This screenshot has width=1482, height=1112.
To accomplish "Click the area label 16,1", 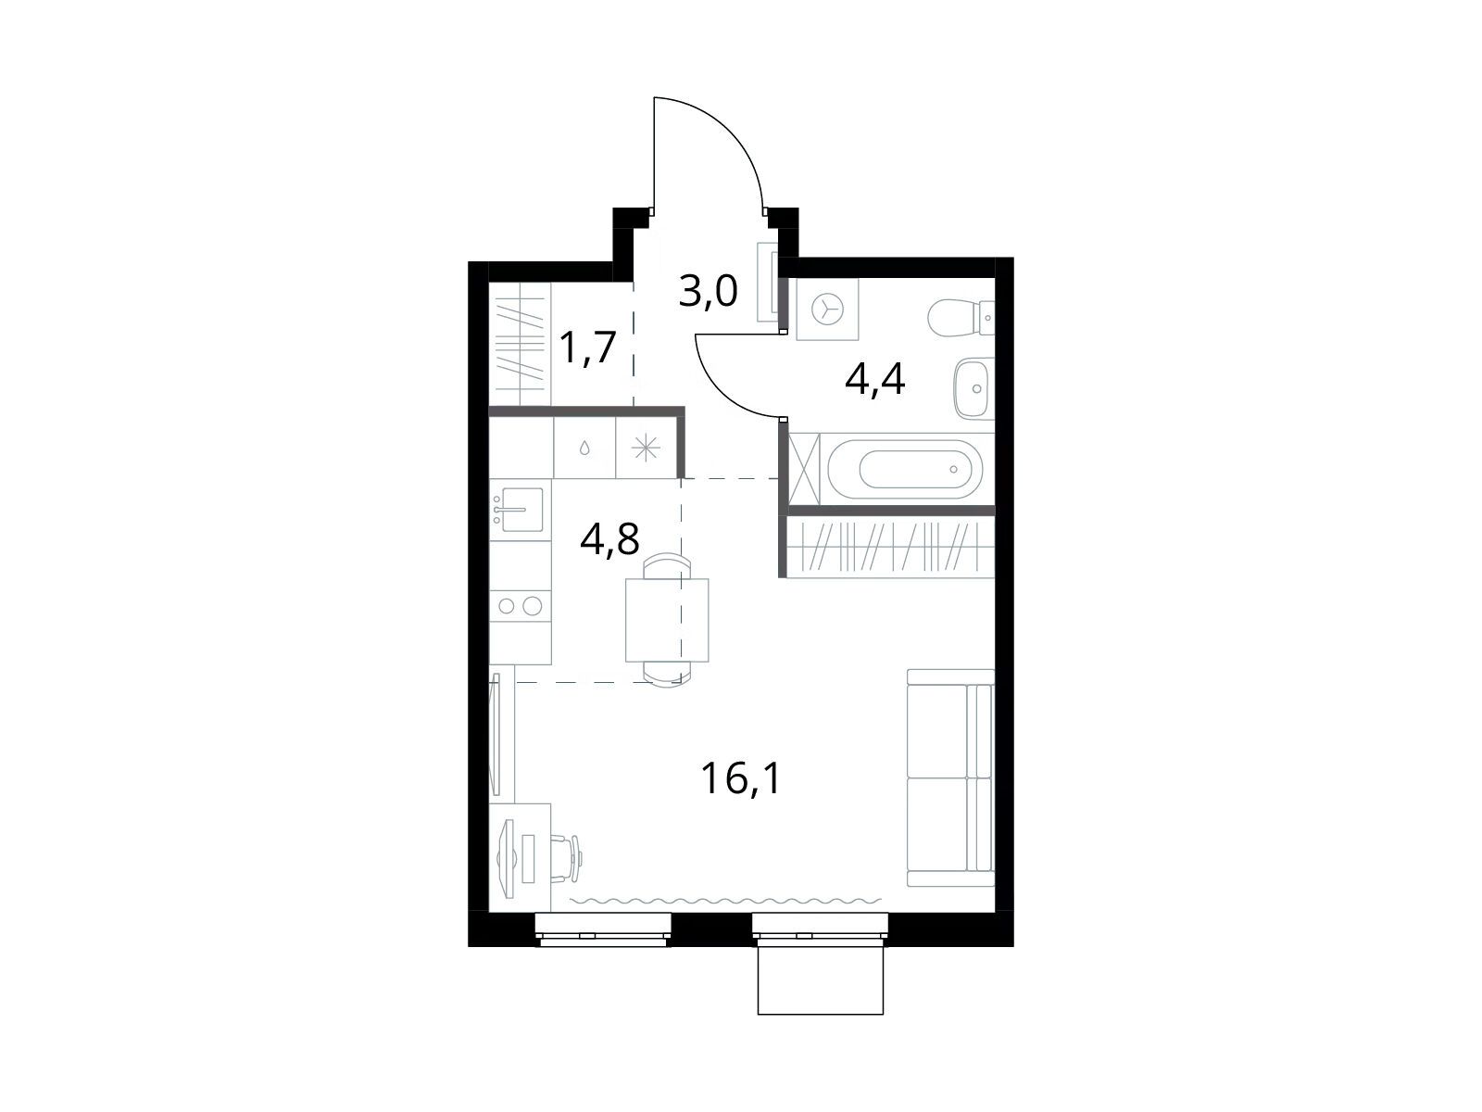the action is (741, 777).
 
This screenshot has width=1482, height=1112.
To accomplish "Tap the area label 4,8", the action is (609, 538).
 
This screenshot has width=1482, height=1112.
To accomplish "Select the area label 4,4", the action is (874, 379).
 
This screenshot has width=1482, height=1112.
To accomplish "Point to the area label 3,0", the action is (708, 292).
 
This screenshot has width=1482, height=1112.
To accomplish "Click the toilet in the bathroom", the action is (961, 317).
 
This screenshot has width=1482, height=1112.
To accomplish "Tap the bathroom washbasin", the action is (973, 388).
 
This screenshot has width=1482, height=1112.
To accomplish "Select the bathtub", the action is (905, 469).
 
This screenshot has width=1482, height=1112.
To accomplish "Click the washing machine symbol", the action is (827, 310).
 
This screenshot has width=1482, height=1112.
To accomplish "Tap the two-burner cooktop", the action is (520, 606).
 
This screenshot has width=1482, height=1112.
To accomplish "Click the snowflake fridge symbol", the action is (647, 448).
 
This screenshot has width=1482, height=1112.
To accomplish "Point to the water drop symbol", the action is (584, 448).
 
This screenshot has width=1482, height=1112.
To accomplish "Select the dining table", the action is (667, 620).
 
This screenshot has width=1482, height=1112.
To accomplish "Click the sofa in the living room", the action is (950, 777).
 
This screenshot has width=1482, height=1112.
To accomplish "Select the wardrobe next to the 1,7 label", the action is (520, 345).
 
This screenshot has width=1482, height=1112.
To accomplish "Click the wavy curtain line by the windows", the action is (726, 901).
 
